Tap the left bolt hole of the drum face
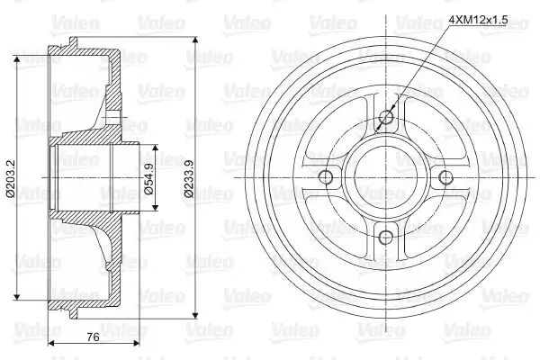pos(326,176)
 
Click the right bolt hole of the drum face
pos(445,176)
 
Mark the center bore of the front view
pos(385,176)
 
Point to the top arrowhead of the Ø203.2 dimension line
pos(18,54)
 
